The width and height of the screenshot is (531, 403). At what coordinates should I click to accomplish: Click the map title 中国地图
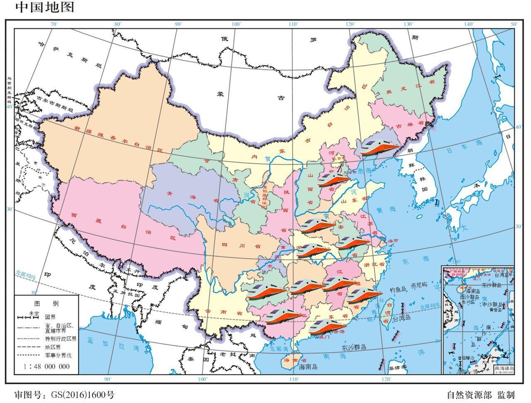(45, 7)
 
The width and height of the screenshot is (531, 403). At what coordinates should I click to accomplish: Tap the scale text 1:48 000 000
(47, 366)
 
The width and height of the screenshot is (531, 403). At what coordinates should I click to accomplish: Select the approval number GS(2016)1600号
(64, 394)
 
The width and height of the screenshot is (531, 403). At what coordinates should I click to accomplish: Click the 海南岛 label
(308, 367)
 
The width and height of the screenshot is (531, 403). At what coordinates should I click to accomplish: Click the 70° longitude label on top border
(54, 24)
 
